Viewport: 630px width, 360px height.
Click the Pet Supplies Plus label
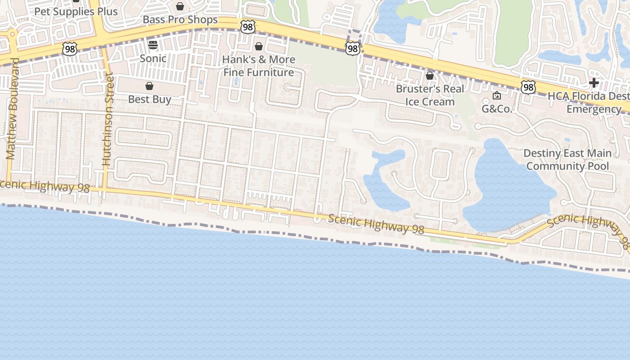(x=76, y=11)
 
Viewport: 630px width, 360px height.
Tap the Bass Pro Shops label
(x=180, y=20)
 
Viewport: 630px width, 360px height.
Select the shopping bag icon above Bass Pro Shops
(x=180, y=6)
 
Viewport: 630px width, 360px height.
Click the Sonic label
(x=153, y=58)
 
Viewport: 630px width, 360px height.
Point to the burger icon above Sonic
(x=153, y=45)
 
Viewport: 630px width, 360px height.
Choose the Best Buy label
(x=149, y=99)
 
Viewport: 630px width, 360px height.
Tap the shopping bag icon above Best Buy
(x=149, y=86)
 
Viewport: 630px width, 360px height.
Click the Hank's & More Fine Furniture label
(x=259, y=66)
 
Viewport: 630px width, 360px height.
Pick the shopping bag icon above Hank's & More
(x=259, y=46)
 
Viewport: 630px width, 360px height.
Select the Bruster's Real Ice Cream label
(x=430, y=95)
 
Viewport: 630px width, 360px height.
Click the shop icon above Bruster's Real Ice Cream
(x=430, y=76)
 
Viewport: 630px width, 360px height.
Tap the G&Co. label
(x=497, y=109)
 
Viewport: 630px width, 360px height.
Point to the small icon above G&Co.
(x=497, y=95)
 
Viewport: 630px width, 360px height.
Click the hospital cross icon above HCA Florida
(x=594, y=83)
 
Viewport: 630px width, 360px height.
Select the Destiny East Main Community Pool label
(x=567, y=160)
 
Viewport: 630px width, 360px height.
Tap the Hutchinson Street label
(x=107, y=119)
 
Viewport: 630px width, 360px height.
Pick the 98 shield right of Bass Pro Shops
(x=247, y=27)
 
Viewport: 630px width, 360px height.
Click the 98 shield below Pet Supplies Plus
(x=70, y=49)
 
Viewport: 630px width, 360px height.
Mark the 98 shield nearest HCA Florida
(x=529, y=87)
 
